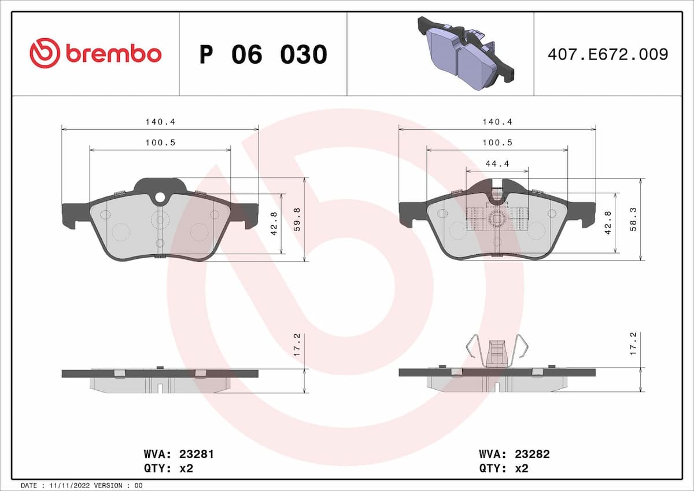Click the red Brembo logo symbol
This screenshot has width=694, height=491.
tap(45, 53)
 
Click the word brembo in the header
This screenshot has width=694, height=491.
tap(113, 54)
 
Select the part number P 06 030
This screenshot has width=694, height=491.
tap(263, 54)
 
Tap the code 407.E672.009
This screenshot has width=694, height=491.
tap(608, 54)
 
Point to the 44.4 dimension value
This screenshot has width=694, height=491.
tap(497, 164)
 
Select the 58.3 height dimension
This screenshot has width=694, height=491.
tap(634, 219)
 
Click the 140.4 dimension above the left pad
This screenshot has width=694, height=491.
tap(160, 122)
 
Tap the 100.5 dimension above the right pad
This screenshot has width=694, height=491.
tap(497, 142)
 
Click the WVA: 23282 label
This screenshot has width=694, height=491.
tap(514, 455)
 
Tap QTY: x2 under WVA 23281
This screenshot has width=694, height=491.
tap(168, 468)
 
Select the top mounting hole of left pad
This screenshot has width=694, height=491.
tap(160, 198)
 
